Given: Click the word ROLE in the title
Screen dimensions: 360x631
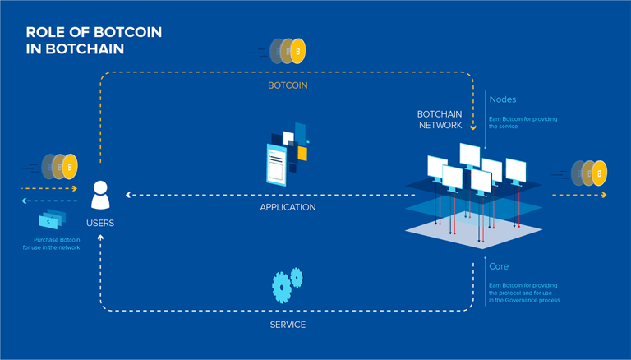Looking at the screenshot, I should tap(44, 32).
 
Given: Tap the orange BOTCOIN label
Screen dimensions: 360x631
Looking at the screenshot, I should tap(287, 85).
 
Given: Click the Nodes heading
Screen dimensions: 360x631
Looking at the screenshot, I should tap(503, 99).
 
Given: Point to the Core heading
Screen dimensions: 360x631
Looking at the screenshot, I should tap(500, 267).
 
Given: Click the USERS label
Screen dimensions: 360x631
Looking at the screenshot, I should tap(100, 224).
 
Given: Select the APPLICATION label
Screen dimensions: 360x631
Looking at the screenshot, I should tap(287, 208).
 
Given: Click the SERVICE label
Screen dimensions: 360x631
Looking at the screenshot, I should tap(288, 325).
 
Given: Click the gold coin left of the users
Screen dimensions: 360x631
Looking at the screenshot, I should tap(70, 167).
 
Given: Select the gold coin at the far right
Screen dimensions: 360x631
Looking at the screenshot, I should tap(600, 173).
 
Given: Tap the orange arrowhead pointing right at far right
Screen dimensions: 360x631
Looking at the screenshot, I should tap(604, 196).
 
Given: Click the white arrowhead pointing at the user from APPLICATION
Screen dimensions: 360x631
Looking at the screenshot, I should tap(128, 196).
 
